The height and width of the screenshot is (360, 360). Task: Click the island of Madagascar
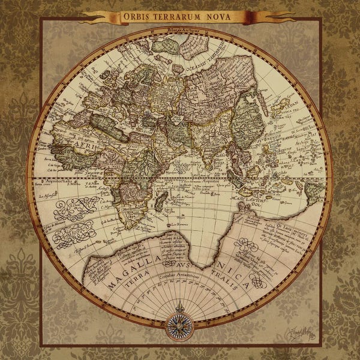[161, 198]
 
